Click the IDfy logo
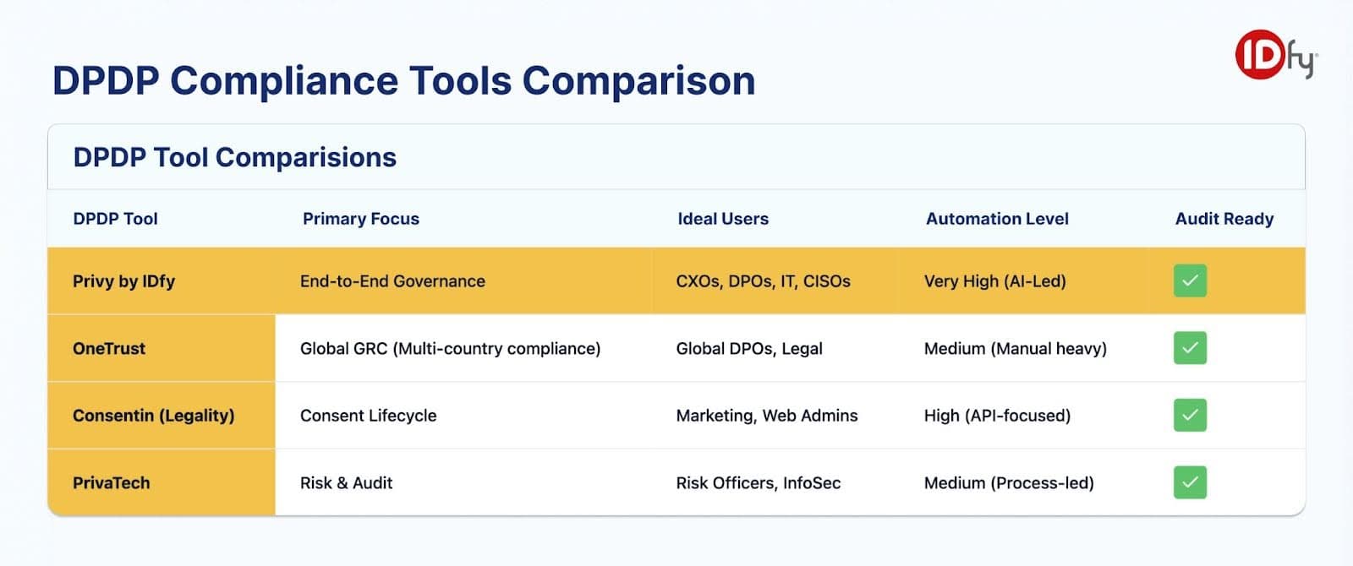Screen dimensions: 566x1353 point(1274,55)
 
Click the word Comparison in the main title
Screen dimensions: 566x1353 point(638,81)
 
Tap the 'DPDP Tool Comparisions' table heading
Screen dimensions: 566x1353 point(234,157)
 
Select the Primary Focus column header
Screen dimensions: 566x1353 point(360,219)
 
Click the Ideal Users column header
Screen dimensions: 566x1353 point(722,219)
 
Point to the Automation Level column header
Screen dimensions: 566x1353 point(996,219)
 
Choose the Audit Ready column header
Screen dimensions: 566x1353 point(1224,219)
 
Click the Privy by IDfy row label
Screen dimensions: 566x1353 point(123,281)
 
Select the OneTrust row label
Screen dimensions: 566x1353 point(109,348)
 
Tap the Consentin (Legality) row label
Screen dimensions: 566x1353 point(153,416)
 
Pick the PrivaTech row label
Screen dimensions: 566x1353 point(111,483)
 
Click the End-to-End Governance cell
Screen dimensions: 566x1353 point(392,281)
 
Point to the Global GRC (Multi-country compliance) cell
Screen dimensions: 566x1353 point(450,348)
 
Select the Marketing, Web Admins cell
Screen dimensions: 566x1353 point(766,416)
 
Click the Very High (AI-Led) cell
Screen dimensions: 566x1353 point(994,281)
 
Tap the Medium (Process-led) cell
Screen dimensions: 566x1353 point(1008,483)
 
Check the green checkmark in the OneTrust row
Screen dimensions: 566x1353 point(1189,348)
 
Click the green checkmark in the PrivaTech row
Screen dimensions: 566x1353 point(1189,482)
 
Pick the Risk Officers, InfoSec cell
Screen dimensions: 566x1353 point(758,483)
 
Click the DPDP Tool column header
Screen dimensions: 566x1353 point(115,219)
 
